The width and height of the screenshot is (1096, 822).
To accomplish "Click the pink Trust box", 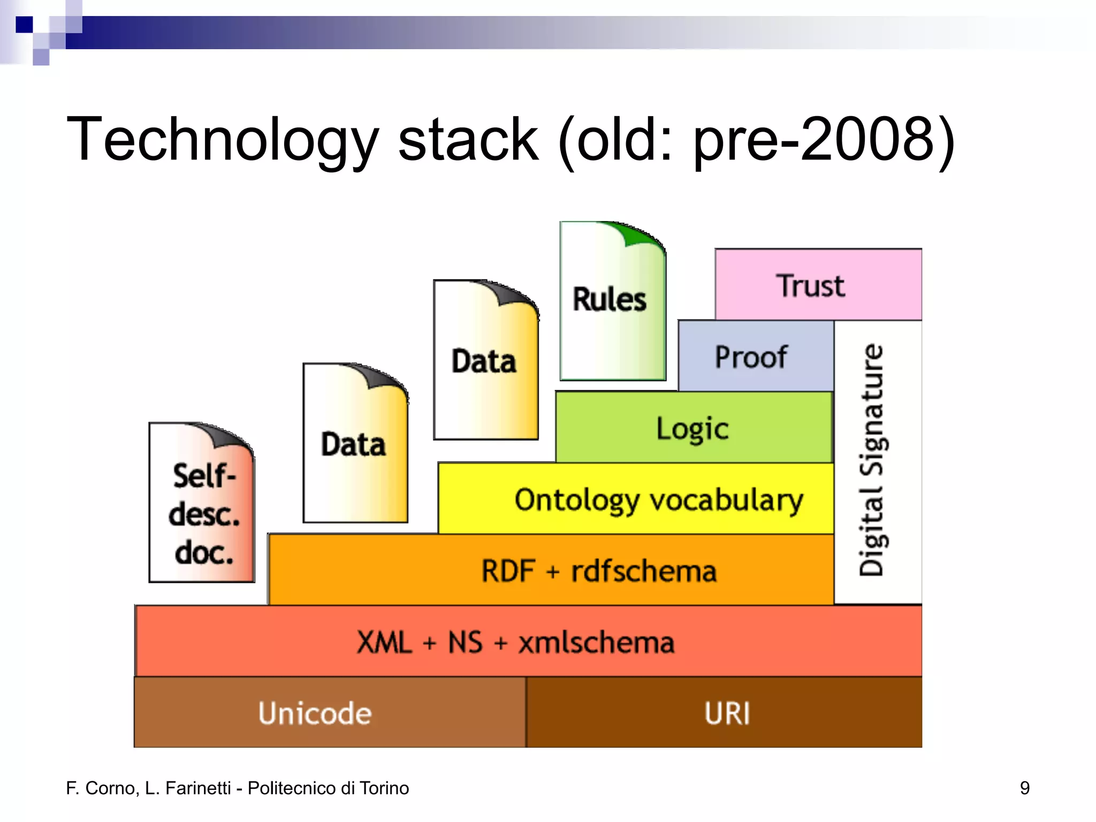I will tap(818, 285).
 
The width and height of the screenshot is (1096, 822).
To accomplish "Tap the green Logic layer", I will tap(694, 428).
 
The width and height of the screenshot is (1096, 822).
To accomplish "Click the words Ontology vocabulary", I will tap(658, 500).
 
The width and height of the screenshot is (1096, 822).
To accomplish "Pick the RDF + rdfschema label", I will tap(598, 570).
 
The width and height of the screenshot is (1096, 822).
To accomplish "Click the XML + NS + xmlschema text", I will tap(515, 642).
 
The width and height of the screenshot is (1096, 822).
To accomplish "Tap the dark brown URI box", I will tap(727, 713).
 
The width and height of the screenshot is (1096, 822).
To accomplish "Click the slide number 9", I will tap(1024, 788).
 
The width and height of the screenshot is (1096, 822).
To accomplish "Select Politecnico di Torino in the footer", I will tap(328, 788).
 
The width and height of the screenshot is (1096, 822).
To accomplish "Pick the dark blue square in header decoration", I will tap(24, 25).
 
